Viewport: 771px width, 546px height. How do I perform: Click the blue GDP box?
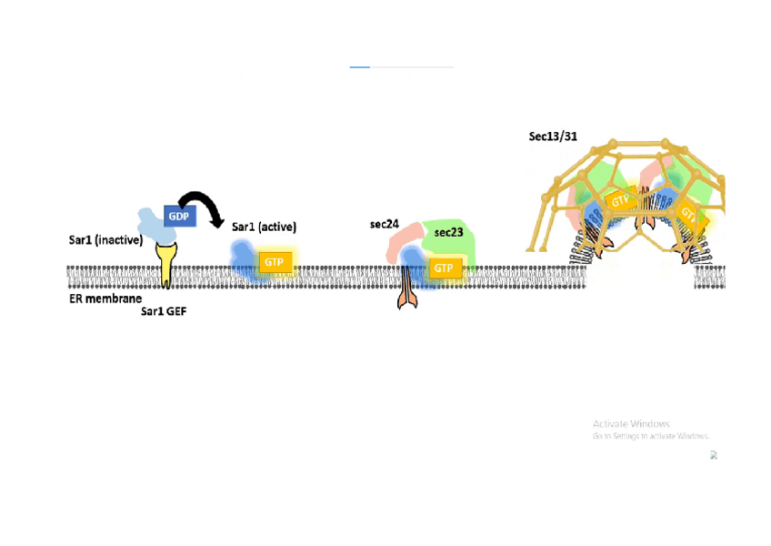tap(179, 216)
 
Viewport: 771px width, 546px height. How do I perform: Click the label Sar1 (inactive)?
tap(105, 240)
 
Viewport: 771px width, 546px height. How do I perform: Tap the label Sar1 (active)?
tap(264, 227)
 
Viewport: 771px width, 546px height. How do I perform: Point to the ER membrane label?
tap(105, 298)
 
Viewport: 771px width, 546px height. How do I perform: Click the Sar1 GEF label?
tap(164, 311)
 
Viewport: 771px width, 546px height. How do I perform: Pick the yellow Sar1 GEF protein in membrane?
tap(166, 263)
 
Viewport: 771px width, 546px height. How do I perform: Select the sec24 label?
tap(384, 224)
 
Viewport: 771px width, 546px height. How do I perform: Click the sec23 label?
tap(448, 232)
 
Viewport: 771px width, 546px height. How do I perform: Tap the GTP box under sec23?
tap(443, 268)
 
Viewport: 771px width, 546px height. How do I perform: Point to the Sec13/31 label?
tap(553, 136)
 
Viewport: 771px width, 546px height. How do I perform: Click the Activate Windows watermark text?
tap(631, 424)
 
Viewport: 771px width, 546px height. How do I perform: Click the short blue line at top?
tap(360, 66)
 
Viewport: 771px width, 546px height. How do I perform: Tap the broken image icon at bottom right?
tap(714, 455)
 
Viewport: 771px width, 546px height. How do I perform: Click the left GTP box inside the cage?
tap(620, 200)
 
